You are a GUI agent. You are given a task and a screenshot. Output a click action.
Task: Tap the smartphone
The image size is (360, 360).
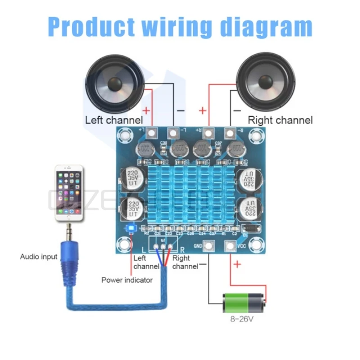pyautogui.click(x=69, y=193)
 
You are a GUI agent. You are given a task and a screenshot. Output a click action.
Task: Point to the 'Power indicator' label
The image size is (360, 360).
pyautogui.click(x=127, y=280)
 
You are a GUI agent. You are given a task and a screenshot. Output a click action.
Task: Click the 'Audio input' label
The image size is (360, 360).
pyautogui.click(x=39, y=256)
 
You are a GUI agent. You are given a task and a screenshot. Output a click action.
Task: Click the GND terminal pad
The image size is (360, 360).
pyautogui.click(x=208, y=246)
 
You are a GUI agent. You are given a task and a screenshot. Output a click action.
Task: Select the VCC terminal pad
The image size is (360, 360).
pyautogui.click(x=230, y=246)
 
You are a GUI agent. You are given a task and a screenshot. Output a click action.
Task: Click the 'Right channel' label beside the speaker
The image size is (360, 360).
pyautogui.click(x=280, y=120)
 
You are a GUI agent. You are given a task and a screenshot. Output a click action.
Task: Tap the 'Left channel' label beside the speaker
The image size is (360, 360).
pyautogui.click(x=114, y=120)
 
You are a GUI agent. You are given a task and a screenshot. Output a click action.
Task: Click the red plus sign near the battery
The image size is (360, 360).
pyautogui.click(x=237, y=264)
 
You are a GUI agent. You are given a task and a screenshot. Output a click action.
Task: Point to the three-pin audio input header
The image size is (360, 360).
pyautogui.click(x=163, y=246)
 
